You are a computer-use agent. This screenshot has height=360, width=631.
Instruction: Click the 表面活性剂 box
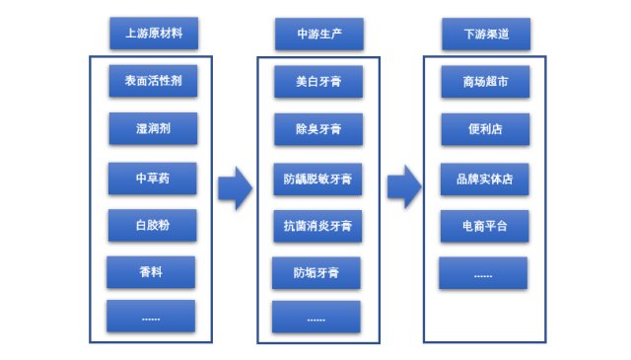tap(153, 81)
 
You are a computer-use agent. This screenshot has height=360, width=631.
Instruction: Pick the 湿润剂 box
tap(153, 128)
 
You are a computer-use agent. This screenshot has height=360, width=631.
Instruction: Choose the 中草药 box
tap(153, 179)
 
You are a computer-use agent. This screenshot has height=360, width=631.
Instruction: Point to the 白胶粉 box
tap(153, 225)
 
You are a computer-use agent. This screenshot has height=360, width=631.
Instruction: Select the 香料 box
tap(151, 270)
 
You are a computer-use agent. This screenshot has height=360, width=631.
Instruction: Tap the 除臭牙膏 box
tap(318, 129)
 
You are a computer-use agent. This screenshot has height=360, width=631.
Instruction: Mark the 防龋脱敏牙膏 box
tap(318, 179)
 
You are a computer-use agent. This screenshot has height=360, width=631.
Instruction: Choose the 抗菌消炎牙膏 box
tap(318, 225)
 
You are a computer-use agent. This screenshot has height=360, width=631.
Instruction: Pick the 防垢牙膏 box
tap(316, 271)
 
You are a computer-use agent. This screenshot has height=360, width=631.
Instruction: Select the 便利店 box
tap(485, 129)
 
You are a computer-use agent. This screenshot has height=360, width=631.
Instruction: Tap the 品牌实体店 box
tap(485, 179)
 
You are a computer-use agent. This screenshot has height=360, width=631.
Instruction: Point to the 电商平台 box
tap(485, 225)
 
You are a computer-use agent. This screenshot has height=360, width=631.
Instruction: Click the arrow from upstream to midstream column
tap(235, 187)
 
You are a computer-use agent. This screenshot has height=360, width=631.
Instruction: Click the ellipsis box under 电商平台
tap(483, 272)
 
